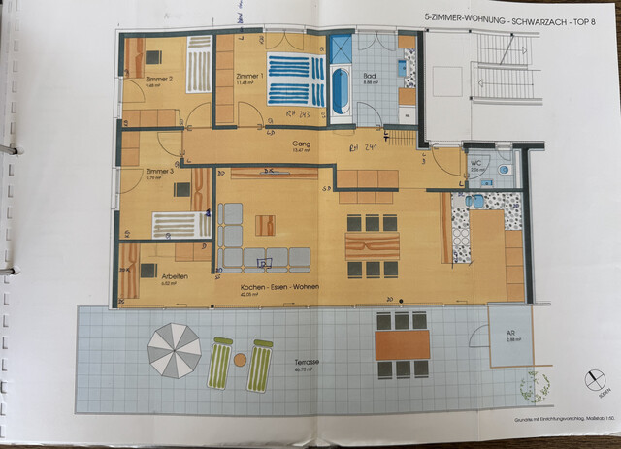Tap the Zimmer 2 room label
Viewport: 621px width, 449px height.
click(x=158, y=80)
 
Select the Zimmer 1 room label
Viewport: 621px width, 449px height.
click(x=249, y=77)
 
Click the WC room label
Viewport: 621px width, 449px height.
click(x=475, y=162)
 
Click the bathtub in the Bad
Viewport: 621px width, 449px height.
click(x=341, y=88)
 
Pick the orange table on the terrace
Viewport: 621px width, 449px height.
click(x=402, y=343)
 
